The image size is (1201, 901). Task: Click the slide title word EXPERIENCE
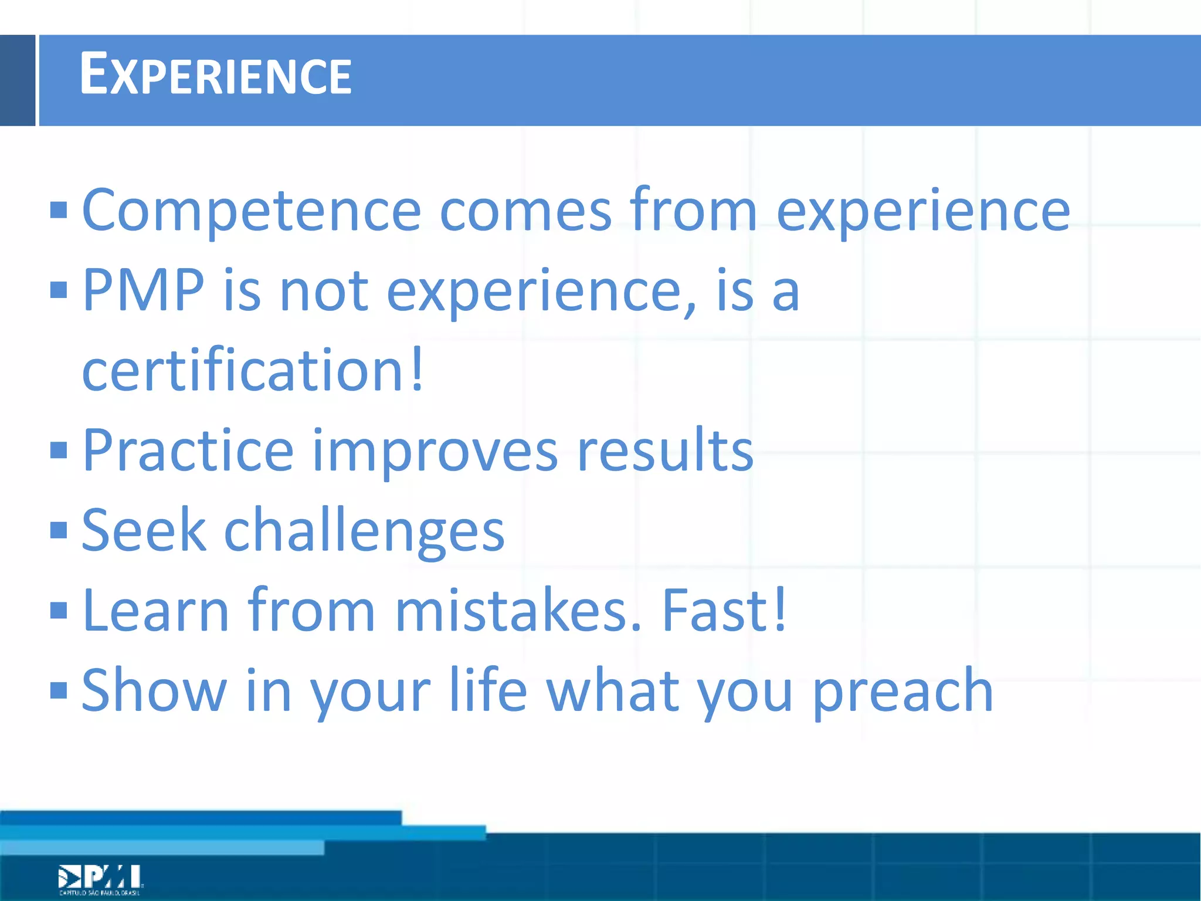pyautogui.click(x=215, y=74)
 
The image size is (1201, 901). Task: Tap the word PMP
pyautogui.click(x=143, y=290)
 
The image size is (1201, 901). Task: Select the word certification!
pyautogui.click(x=252, y=371)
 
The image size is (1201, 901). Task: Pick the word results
pyautogui.click(x=665, y=450)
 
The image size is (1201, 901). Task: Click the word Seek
pyautogui.click(x=144, y=530)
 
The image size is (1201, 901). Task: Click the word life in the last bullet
pyautogui.click(x=488, y=690)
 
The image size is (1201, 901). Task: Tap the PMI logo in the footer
pyautogui.click(x=100, y=879)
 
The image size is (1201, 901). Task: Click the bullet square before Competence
pyautogui.click(x=59, y=210)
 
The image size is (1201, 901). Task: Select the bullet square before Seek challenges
pyautogui.click(x=59, y=530)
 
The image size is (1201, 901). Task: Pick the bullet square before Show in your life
pyautogui.click(x=59, y=690)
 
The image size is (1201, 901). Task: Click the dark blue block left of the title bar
pyautogui.click(x=18, y=80)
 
